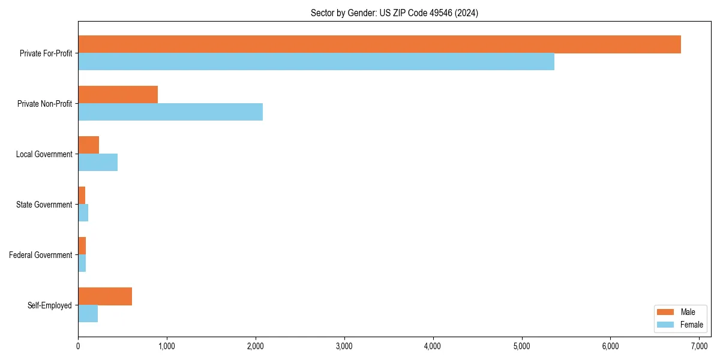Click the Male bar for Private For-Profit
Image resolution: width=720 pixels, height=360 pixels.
click(379, 44)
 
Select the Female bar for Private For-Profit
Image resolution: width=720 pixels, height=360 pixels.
click(316, 62)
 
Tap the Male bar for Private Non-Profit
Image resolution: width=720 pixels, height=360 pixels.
click(118, 95)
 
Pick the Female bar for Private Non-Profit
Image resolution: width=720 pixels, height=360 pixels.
click(170, 112)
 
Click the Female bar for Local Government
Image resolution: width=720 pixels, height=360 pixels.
click(98, 163)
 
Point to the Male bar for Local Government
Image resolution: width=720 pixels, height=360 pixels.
click(88, 145)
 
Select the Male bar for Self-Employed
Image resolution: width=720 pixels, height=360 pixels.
click(105, 296)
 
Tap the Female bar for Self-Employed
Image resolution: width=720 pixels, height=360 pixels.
click(88, 314)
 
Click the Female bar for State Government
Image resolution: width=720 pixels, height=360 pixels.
click(83, 213)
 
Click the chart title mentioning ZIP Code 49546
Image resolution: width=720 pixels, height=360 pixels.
click(394, 13)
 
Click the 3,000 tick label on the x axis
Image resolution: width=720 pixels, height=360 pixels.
click(344, 346)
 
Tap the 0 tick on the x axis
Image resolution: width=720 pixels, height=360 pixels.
click(78, 346)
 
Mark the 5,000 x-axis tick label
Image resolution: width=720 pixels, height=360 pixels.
click(521, 346)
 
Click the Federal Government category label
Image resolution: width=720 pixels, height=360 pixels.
click(41, 255)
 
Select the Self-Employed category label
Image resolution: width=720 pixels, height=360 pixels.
click(50, 305)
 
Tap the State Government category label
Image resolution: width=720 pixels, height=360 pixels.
click(44, 205)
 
